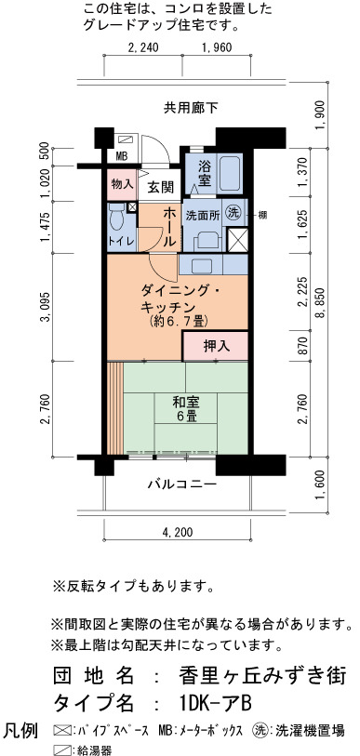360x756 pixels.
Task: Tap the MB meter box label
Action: (121, 156)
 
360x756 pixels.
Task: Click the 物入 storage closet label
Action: (122, 184)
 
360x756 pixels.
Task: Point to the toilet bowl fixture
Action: (117, 219)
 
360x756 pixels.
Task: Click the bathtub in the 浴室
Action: (229, 174)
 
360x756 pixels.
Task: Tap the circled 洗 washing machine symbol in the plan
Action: (234, 214)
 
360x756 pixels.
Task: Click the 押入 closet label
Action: (216, 346)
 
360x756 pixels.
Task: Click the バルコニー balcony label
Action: (181, 484)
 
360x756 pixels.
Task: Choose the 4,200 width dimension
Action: (178, 532)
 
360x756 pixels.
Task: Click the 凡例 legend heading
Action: (20, 731)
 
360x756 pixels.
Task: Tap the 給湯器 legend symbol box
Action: (60, 749)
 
